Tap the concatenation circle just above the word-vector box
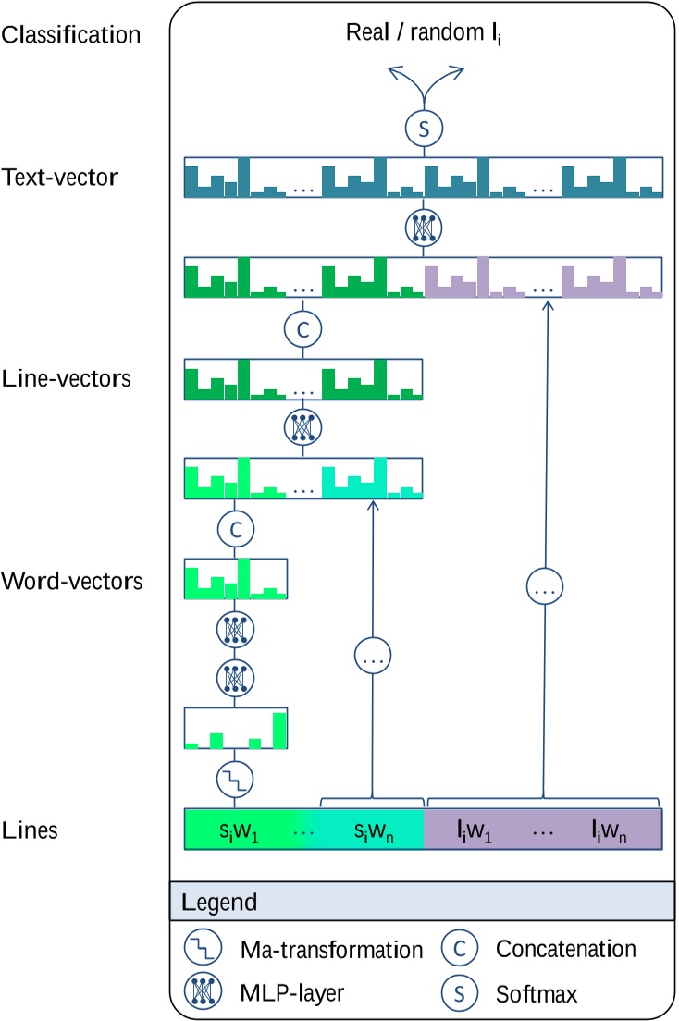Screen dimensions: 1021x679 pyautogui.click(x=234, y=529)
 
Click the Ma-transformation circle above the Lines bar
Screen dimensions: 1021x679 pyautogui.click(x=234, y=781)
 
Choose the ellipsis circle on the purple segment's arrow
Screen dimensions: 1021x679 pyautogui.click(x=544, y=584)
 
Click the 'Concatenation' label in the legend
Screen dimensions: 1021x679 pyautogui.click(x=566, y=950)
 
